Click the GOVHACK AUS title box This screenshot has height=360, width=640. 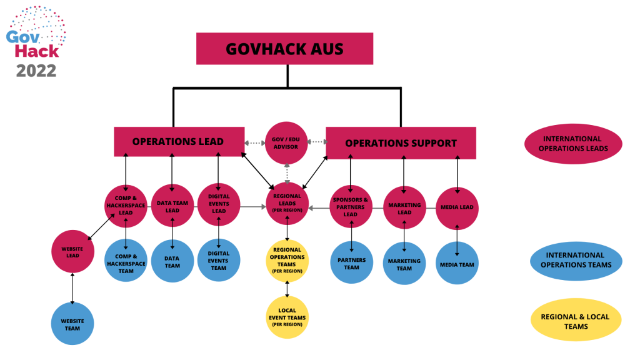284,49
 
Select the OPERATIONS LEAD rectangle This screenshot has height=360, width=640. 177,142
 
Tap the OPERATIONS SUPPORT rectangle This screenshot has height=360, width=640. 401,142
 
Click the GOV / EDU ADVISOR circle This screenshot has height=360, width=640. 287,142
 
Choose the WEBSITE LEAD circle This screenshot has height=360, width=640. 72,251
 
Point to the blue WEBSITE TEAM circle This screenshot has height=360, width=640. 72,323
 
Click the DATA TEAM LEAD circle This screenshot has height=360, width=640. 172,206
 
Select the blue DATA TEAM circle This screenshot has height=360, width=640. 172,261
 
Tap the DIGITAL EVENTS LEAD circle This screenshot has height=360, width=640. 218,206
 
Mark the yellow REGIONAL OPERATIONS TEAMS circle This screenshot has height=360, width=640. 287,260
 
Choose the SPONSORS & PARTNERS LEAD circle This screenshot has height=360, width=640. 351,206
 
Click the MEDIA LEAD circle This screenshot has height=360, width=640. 457,207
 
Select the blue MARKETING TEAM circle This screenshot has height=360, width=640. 404,264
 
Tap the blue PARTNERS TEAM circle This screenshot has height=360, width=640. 351,262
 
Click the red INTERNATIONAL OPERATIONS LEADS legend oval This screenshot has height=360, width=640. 572,143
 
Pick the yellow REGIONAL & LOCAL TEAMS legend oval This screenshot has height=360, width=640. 575,321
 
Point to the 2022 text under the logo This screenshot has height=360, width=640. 36,71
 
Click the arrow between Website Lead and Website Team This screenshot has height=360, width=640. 72,287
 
